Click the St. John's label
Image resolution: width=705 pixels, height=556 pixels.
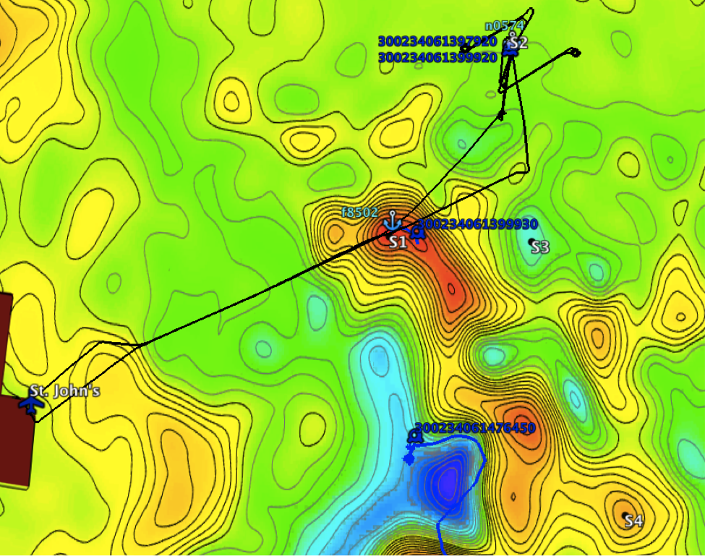(x=66, y=391)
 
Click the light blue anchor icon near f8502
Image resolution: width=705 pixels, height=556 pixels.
(x=391, y=219)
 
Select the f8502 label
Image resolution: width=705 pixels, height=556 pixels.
(x=359, y=213)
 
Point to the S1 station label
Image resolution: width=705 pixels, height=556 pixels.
(x=398, y=242)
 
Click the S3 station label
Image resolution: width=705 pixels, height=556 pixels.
(x=540, y=247)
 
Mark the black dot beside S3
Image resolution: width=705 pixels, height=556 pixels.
(x=532, y=241)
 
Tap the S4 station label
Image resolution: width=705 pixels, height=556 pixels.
(x=633, y=521)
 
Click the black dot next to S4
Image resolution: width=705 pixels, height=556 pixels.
(x=625, y=515)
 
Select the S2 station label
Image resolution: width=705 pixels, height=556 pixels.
(x=518, y=43)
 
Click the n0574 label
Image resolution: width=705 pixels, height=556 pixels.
(x=504, y=26)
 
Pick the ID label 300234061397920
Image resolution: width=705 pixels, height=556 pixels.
(x=437, y=41)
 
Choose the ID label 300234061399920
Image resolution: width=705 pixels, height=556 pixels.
(x=437, y=56)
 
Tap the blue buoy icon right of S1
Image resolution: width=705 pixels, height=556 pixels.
(x=416, y=233)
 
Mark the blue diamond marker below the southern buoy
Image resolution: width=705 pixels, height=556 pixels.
(x=409, y=458)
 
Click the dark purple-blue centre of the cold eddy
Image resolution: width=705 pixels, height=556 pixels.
(x=449, y=481)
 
